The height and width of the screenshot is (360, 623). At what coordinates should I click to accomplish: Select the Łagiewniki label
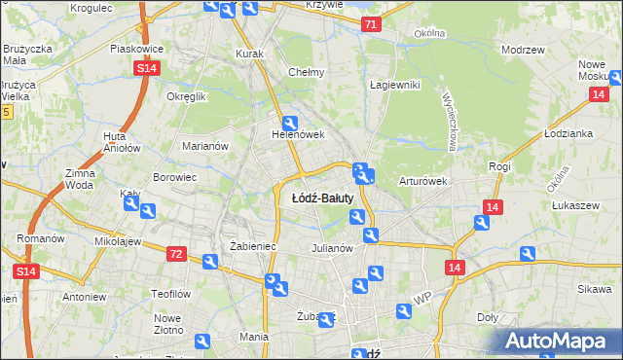coord(394,85)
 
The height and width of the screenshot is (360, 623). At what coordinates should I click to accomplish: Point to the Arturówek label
coord(421,181)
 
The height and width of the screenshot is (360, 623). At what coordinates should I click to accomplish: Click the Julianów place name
coord(333,247)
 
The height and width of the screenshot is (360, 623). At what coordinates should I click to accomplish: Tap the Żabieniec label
coord(253,247)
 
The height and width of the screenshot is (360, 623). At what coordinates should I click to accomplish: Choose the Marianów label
coord(204,146)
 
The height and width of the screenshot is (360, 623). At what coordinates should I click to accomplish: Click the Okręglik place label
coord(186,97)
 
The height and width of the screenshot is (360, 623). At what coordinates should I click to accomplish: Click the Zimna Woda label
coord(80,178)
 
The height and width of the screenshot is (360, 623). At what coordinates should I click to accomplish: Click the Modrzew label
coord(520,49)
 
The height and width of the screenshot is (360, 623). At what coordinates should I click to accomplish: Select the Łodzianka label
coord(568,133)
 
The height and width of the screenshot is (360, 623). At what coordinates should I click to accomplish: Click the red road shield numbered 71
coord(369,25)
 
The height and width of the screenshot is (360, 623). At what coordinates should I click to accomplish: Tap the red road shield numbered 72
coord(176,253)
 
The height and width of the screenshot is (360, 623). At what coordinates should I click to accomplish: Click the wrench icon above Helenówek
coord(289,123)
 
